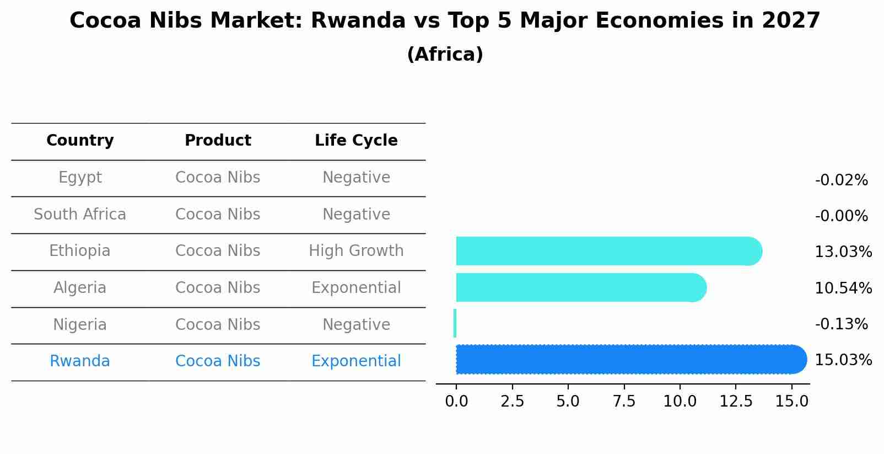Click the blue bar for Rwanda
(x=628, y=359)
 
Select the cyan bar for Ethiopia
(x=606, y=251)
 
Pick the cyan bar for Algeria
(x=579, y=287)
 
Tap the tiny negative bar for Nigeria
(x=455, y=323)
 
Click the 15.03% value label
(x=843, y=360)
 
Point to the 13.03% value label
(x=843, y=252)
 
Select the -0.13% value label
(x=841, y=324)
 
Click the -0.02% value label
(x=841, y=180)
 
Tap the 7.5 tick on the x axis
(x=624, y=401)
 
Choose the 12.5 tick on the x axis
(x=736, y=401)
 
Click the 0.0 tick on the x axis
(x=456, y=401)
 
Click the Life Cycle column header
(x=356, y=141)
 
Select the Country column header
(x=80, y=141)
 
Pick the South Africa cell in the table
(x=80, y=214)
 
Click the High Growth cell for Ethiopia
(x=356, y=251)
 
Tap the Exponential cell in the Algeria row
(x=356, y=287)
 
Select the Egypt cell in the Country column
(x=80, y=178)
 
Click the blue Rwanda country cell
(x=80, y=361)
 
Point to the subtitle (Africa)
(x=445, y=55)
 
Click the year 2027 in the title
(x=791, y=21)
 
